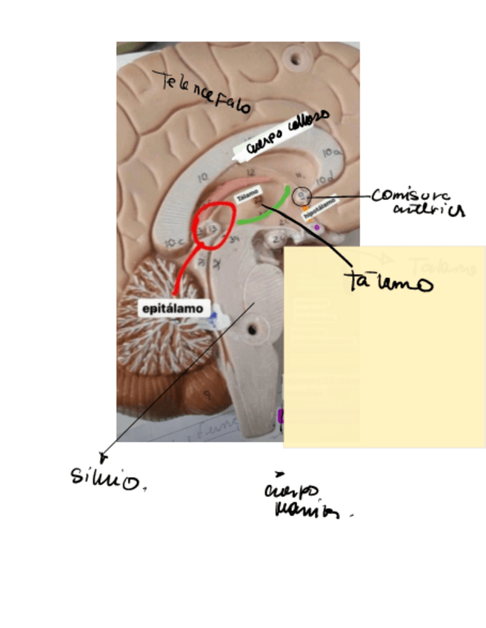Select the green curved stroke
coord(267,209)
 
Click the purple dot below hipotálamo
coord(317,227)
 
